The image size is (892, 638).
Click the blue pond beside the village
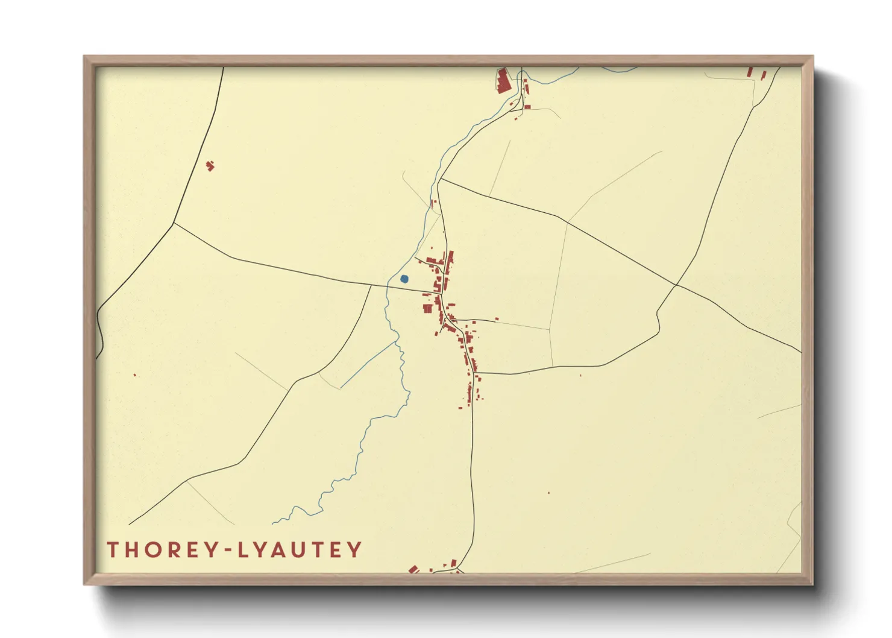coord(404,279)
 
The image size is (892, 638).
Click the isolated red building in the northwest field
coord(210,165)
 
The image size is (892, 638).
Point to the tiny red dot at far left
coord(134,375)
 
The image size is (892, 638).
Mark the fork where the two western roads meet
coord(174,224)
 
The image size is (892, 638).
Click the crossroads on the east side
coord(676,285)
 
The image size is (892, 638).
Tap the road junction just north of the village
coord(441,179)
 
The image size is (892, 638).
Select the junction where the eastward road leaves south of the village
coord(476,373)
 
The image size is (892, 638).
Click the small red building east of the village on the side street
coord(497,319)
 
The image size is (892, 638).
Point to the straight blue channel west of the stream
coord(368,365)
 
